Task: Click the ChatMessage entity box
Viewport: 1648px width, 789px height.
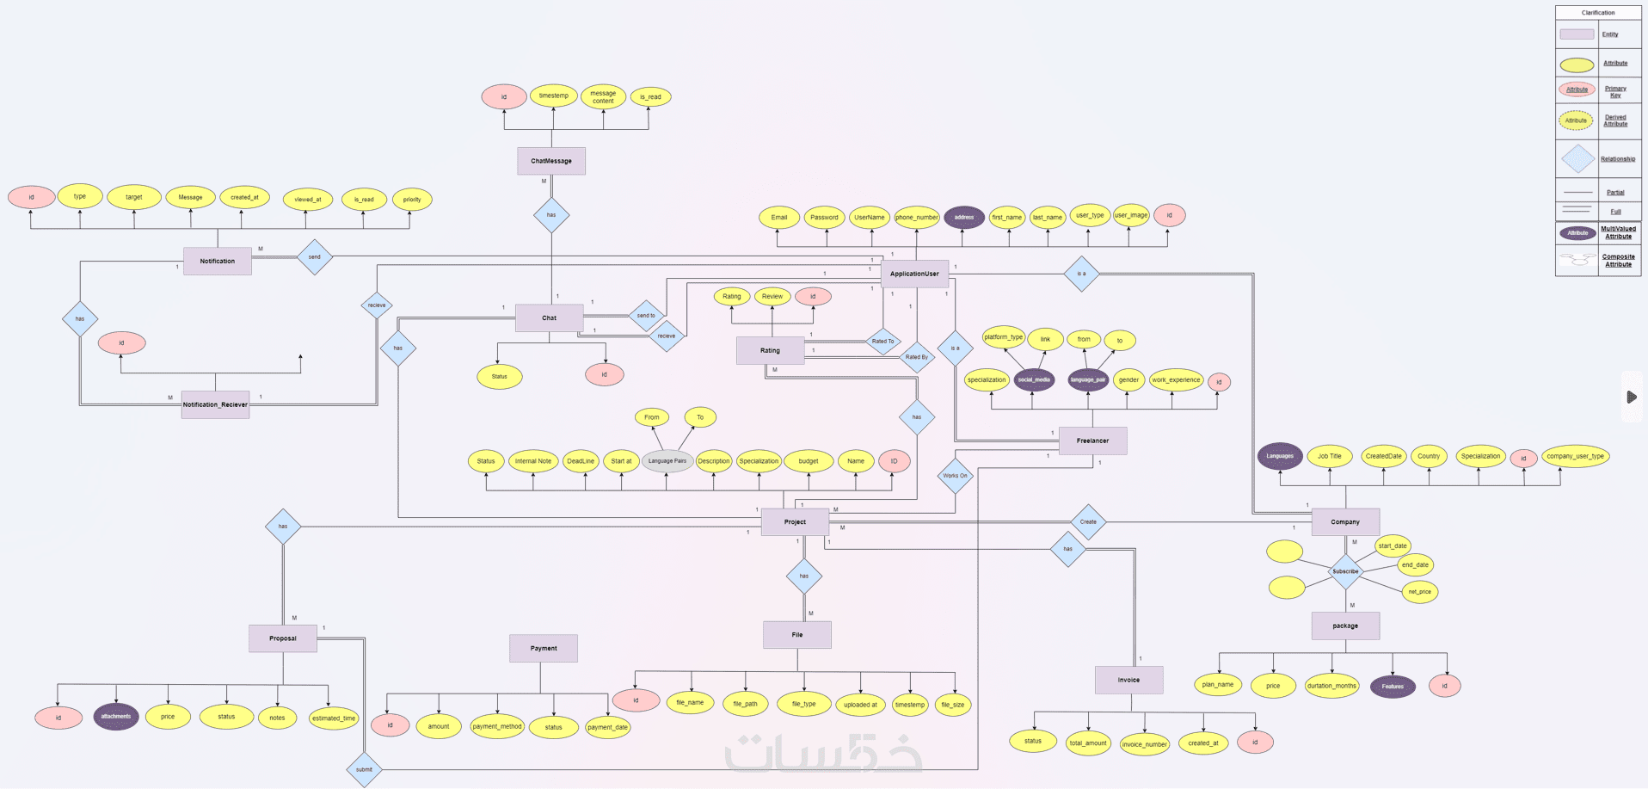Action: (551, 161)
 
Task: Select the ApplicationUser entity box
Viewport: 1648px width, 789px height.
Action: (914, 274)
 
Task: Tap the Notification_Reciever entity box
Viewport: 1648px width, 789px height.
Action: (215, 404)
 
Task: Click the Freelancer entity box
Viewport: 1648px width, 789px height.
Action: (1092, 441)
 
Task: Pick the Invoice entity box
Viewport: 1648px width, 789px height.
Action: (1128, 680)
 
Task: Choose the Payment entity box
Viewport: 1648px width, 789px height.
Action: (543, 648)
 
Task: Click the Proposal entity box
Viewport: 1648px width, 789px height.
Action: (282, 638)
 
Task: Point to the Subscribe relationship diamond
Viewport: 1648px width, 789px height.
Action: (1345, 571)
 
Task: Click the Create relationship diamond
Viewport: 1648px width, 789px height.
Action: (1088, 521)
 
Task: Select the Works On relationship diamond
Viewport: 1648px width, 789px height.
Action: (955, 475)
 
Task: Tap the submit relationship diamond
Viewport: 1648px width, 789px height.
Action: (364, 769)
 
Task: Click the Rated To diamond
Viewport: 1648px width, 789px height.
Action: (882, 342)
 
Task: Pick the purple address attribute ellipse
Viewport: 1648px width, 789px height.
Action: (964, 217)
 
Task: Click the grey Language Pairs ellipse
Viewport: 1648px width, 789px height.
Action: (667, 461)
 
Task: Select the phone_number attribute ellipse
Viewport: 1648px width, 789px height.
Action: (916, 217)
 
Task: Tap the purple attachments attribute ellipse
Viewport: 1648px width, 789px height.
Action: (116, 716)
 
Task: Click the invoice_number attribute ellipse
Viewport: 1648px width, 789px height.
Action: (1144, 744)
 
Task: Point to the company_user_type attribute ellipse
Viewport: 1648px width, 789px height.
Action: (1575, 456)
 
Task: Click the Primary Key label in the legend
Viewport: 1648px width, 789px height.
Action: (1615, 91)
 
